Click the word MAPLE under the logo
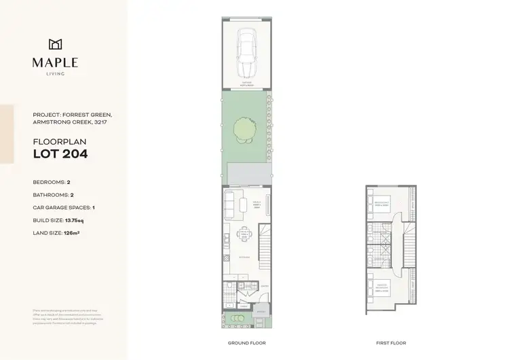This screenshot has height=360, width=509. [56, 62]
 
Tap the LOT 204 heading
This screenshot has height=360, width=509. [60, 154]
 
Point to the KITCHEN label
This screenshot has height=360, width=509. [244, 258]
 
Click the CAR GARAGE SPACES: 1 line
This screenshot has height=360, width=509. [64, 208]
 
